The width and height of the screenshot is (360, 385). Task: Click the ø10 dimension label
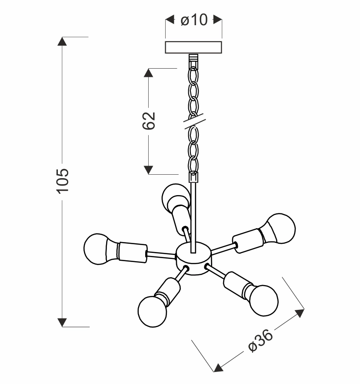(194, 20)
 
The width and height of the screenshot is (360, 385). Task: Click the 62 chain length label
(149, 121)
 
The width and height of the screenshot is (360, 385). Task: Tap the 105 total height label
(63, 180)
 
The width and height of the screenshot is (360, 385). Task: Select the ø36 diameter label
(260, 342)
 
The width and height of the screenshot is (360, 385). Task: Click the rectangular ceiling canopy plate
(194, 47)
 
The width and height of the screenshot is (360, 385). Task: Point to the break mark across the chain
(193, 121)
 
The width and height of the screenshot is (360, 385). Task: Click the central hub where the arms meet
(193, 259)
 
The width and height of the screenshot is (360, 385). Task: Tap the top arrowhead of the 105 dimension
(63, 42)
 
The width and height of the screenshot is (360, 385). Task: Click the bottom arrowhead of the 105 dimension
(63, 322)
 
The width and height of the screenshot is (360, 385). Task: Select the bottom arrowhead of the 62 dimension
(149, 169)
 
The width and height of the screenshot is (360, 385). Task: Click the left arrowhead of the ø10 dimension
(170, 20)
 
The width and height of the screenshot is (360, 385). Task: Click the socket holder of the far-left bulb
(133, 251)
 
